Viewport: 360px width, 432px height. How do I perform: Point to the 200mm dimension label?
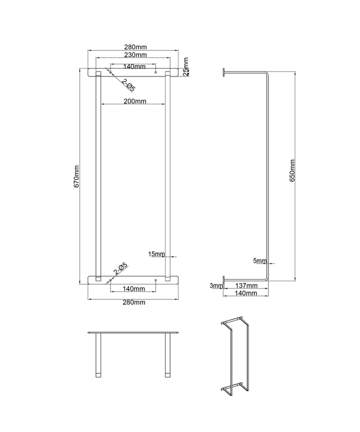coord(133,101)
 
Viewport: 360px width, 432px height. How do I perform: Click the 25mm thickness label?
coord(186,66)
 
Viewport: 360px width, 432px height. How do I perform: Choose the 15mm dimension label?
coord(157,255)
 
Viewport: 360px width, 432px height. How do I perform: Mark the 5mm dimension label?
coord(260,260)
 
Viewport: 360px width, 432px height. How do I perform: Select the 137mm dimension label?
coord(247,286)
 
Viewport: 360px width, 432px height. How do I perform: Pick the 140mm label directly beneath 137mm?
coord(247,292)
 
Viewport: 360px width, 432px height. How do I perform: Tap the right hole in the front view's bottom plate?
coord(155,280)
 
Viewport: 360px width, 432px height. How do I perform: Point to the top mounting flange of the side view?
coord(224,73)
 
